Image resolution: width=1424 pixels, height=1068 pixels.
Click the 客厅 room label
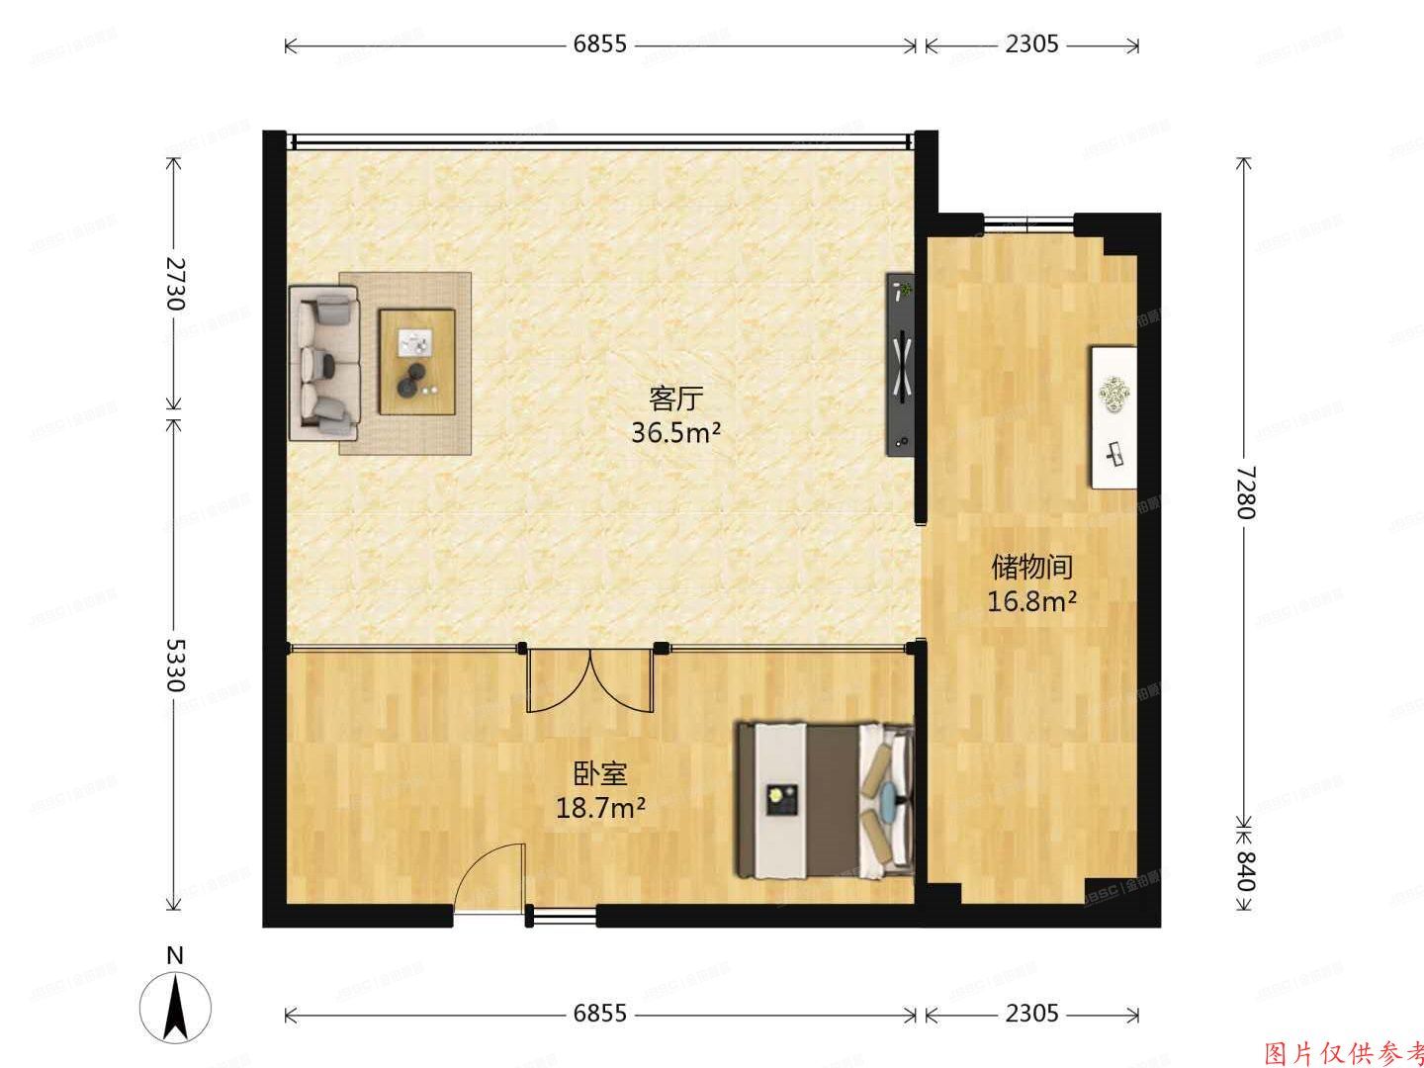pos(675,400)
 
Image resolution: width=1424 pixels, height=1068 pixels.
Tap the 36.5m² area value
pos(675,432)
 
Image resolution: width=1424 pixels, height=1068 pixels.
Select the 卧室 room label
pos(600,774)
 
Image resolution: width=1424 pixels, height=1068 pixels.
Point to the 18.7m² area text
pos(600,808)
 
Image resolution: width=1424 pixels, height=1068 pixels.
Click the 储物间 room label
pos(1032,567)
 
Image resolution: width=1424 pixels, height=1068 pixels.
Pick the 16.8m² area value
pos(1032,600)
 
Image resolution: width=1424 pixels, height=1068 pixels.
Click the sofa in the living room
pos(323,363)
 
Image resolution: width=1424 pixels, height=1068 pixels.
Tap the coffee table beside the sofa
pos(416,361)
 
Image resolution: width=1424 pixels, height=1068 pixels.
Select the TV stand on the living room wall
pos(900,363)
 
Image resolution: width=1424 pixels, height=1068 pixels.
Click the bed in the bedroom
pos(824,800)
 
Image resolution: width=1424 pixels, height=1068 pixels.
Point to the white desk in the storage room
pos(1113,416)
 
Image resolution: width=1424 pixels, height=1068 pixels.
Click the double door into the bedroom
pos(590,679)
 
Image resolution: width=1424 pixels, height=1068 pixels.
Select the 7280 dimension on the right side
pos(1245,491)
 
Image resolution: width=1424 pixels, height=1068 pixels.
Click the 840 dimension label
pos(1245,870)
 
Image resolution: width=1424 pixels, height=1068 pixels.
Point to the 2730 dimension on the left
pos(175,284)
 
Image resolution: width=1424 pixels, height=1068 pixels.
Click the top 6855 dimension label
pos(600,44)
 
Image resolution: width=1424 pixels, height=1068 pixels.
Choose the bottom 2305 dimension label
pos(1031,1014)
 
